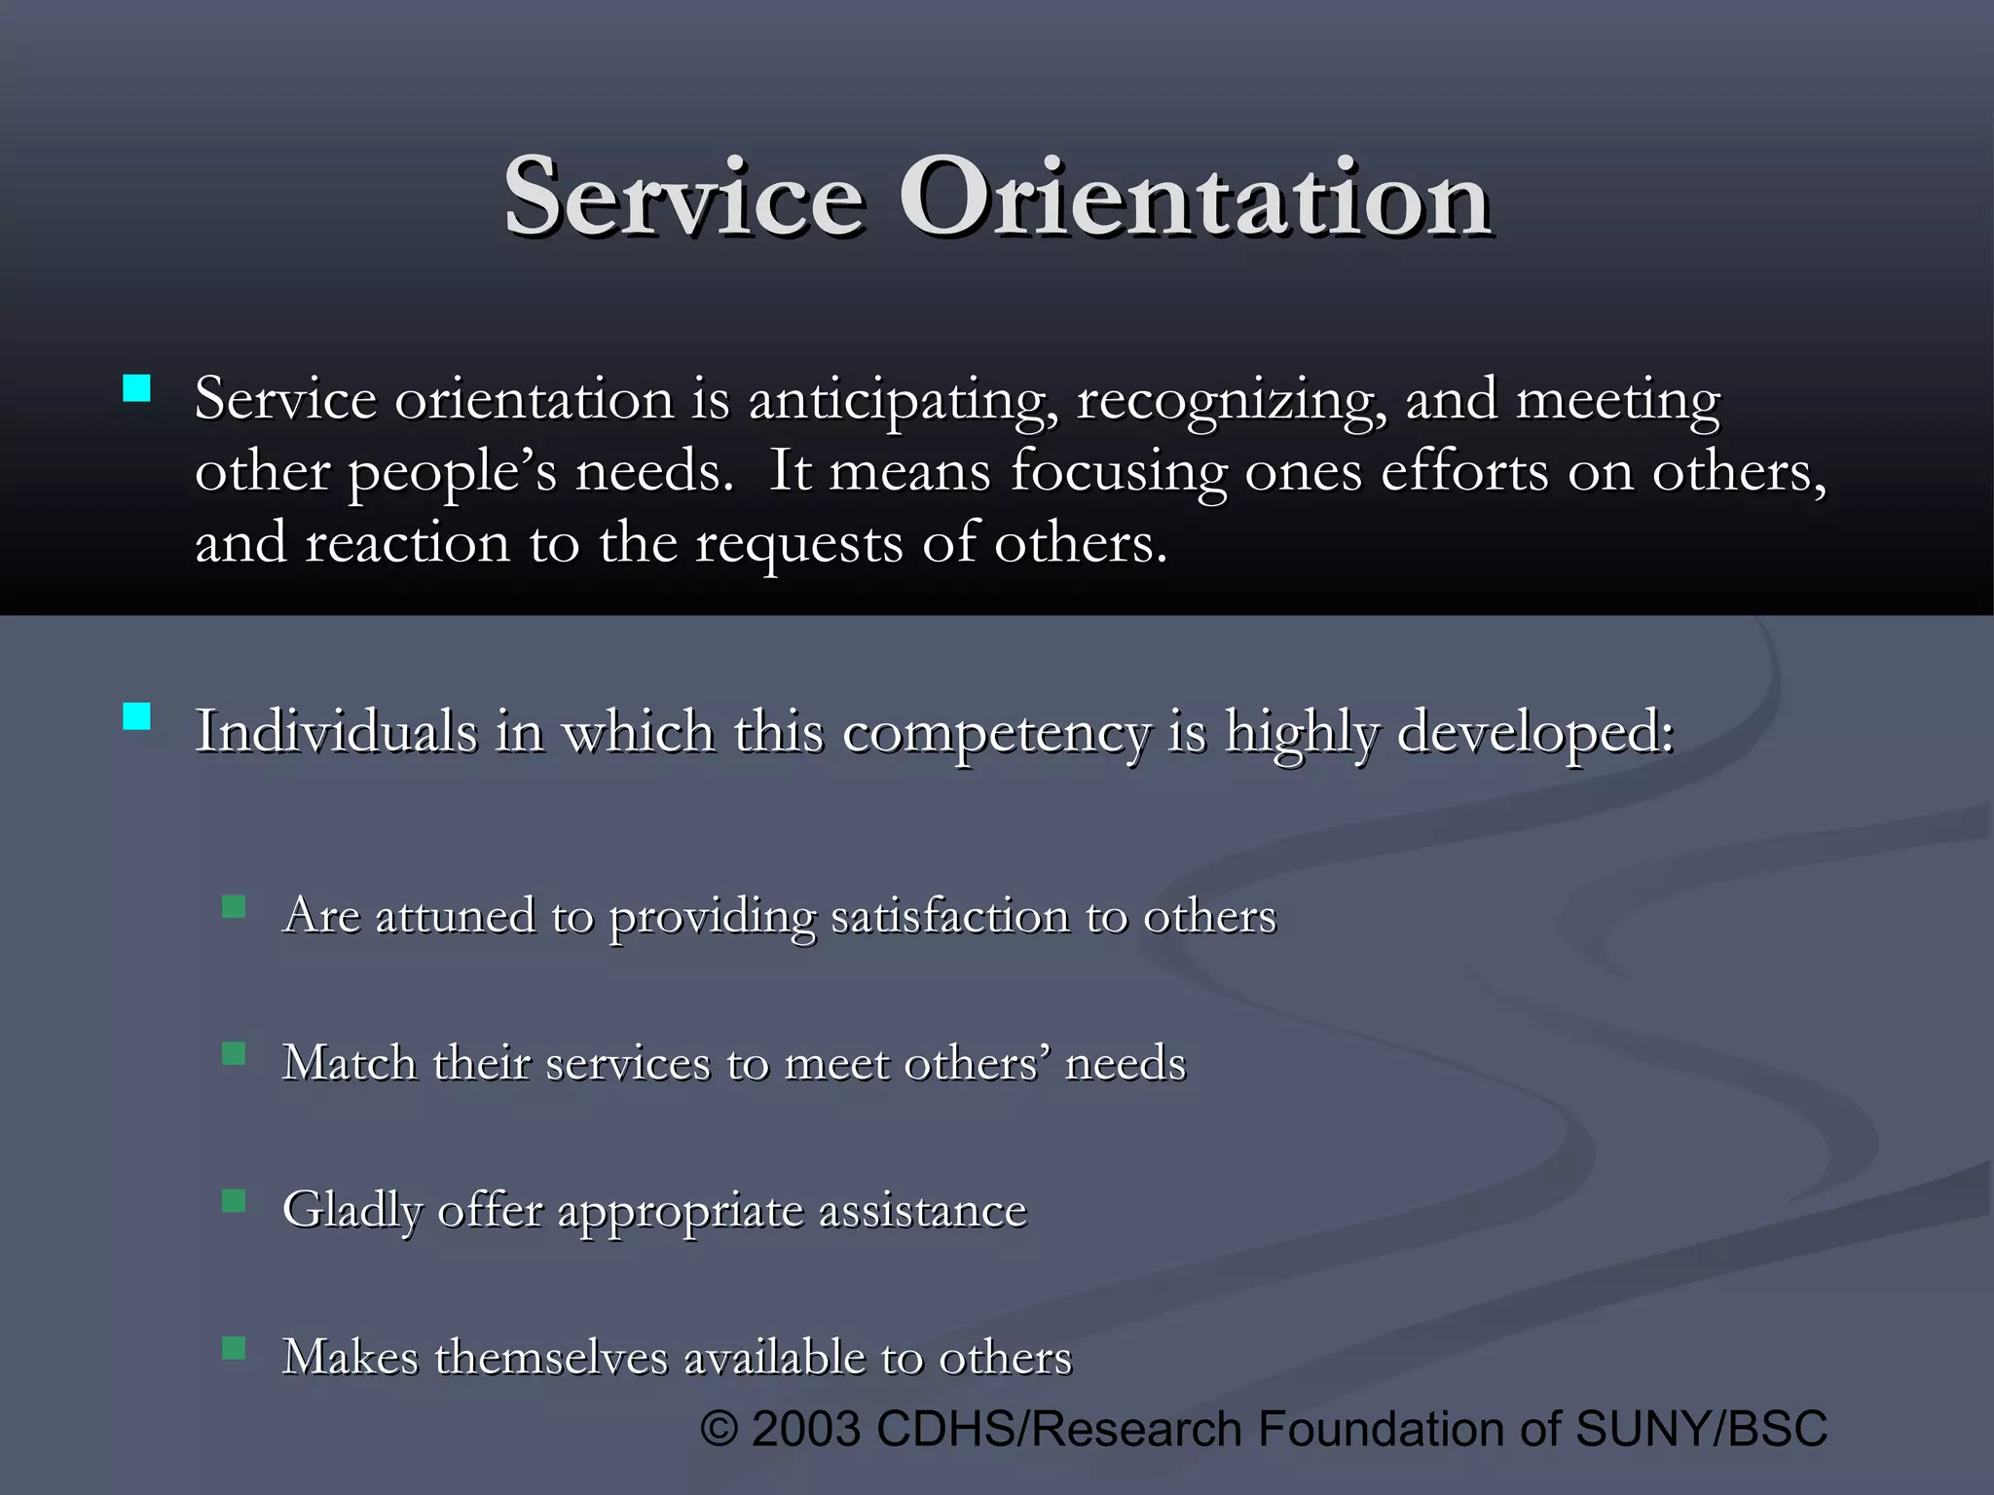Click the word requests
pyautogui.click(x=798, y=544)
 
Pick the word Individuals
pyautogui.click(x=335, y=732)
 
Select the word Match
pyautogui.click(x=349, y=1063)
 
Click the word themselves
pyautogui.click(x=551, y=1358)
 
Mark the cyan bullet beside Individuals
pyautogui.click(x=137, y=717)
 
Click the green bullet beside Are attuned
pyautogui.click(x=234, y=907)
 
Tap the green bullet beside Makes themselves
pyautogui.click(x=234, y=1348)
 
